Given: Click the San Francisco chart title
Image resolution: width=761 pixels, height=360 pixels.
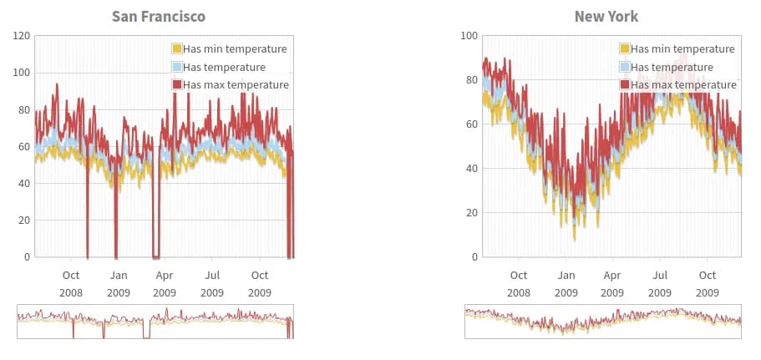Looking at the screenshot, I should click(159, 17).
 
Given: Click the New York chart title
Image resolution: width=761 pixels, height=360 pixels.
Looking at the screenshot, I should click(606, 17).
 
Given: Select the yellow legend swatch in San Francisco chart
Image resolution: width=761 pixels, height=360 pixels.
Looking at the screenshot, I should click(177, 48).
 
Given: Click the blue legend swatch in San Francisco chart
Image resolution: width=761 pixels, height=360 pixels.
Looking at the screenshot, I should click(177, 67).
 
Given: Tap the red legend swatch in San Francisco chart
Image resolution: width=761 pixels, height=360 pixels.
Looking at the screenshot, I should click(177, 84).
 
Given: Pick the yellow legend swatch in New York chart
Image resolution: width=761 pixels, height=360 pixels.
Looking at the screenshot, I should click(625, 48).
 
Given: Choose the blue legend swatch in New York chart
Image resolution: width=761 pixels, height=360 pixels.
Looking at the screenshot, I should click(625, 67).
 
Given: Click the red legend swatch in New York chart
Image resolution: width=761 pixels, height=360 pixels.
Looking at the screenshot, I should click(625, 84).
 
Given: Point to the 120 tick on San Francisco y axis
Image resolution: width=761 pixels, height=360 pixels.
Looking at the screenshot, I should click(21, 36).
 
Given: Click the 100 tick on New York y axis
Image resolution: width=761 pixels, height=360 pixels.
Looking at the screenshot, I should click(469, 36).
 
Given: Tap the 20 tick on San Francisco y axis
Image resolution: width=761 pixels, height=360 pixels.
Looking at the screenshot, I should click(24, 221).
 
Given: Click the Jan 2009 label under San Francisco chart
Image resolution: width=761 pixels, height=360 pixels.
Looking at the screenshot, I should click(118, 283).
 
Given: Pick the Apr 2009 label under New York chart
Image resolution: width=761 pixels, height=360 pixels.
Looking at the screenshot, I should click(612, 283).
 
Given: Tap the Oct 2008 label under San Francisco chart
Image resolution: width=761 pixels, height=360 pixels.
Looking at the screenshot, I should click(71, 283).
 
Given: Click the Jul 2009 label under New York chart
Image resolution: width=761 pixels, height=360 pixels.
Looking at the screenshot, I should click(660, 283).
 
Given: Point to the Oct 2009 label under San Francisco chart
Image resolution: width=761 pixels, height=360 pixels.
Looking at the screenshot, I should click(260, 283).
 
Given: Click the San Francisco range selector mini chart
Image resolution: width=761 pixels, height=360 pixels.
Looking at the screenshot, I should click(155, 322).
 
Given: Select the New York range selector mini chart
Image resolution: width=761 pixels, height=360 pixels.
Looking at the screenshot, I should click(603, 322).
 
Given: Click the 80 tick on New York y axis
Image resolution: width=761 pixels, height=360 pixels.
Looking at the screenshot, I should click(472, 80).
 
